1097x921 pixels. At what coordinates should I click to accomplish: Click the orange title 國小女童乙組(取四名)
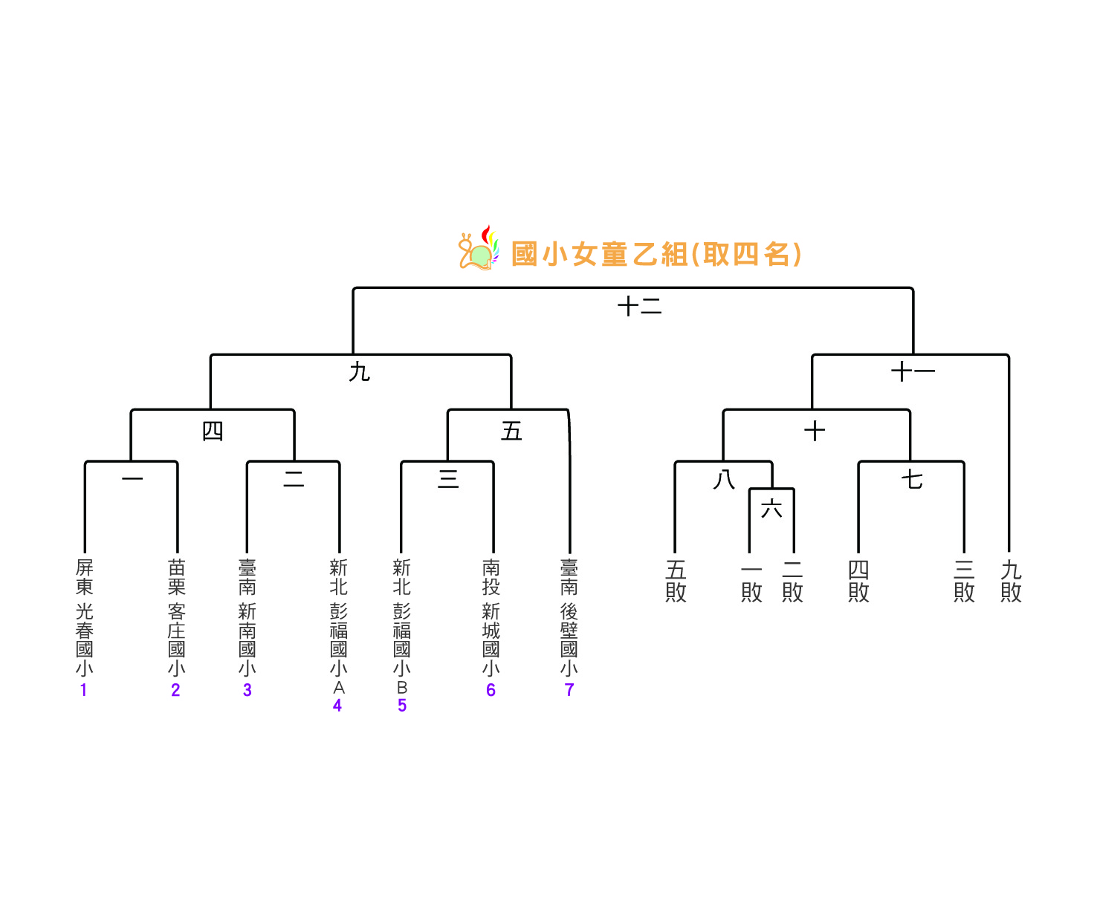coord(656,254)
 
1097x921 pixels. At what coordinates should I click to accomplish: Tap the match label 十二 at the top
coord(639,305)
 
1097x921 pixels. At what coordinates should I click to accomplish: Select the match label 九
coord(360,372)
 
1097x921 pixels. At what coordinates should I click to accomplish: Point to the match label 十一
coord(913,372)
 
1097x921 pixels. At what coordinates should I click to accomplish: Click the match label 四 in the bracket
coord(213,431)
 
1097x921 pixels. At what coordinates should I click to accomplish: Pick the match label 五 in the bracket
coord(511,431)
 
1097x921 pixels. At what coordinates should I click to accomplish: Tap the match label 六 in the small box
coord(771,509)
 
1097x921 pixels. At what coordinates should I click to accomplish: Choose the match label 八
coord(724,479)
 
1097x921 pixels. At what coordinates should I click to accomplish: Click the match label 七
coord(912,479)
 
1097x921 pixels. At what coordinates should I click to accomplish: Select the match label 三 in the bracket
coord(448,479)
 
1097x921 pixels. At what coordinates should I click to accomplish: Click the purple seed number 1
coord(83,690)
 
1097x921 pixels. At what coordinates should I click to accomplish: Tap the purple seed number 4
coord(337,705)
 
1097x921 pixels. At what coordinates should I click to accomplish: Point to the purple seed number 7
coord(569,690)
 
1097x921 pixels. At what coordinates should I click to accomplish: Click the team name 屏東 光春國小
coord(85,617)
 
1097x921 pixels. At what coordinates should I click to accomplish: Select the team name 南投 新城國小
coord(491,617)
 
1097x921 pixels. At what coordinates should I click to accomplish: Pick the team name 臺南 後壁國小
coord(569,617)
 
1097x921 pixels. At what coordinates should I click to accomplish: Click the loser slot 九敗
coord(1011,582)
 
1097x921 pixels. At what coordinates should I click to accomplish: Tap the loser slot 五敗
coord(676,582)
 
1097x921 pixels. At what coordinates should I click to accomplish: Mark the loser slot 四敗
coord(858,582)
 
